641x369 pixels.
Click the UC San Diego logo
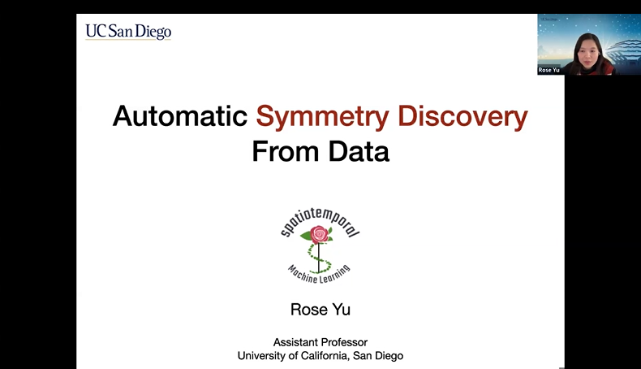click(x=128, y=32)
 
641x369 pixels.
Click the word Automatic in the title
click(x=179, y=117)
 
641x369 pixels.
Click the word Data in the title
click(x=361, y=152)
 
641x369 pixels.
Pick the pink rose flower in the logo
click(x=320, y=235)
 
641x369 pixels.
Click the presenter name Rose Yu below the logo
click(x=320, y=310)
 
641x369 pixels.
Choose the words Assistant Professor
click(x=320, y=342)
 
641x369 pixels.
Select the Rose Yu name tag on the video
click(x=549, y=70)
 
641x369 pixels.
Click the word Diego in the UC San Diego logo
click(x=154, y=32)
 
